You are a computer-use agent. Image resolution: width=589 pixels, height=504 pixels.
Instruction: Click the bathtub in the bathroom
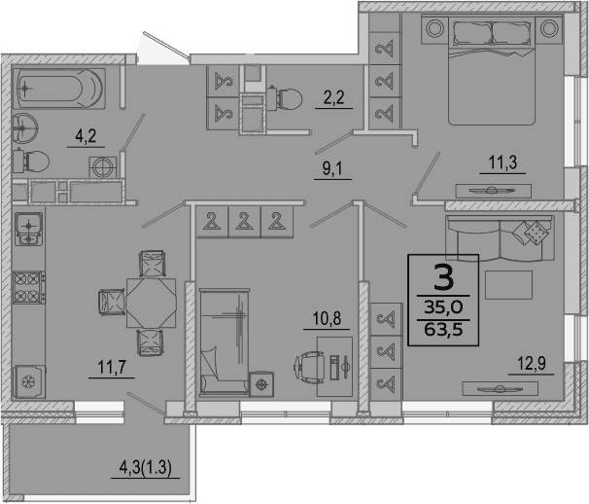(58, 89)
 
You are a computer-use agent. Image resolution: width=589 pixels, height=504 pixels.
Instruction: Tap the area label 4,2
(86, 136)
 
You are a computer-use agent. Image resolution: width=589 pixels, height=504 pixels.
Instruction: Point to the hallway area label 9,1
(332, 169)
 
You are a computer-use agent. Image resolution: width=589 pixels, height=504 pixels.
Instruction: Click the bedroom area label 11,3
(502, 162)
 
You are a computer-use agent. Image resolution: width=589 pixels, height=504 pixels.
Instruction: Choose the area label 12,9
(532, 364)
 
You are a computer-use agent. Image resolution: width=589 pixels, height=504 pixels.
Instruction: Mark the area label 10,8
(327, 318)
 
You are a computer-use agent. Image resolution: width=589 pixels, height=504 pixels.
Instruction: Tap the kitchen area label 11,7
(112, 367)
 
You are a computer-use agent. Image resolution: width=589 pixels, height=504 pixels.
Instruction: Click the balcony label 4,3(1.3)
(146, 468)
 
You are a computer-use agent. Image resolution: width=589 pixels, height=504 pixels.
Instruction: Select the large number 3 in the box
(443, 277)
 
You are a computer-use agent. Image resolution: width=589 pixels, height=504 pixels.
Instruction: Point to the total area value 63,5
(443, 330)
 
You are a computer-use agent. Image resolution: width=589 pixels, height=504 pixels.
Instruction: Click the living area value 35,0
(443, 307)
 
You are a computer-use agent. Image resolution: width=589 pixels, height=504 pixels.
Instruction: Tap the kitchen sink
(28, 229)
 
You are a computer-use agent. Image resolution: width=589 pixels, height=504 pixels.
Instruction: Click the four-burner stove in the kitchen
(28, 287)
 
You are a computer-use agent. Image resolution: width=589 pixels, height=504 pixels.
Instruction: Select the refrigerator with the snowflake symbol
(29, 381)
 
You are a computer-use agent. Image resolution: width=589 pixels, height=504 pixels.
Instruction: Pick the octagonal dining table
(151, 303)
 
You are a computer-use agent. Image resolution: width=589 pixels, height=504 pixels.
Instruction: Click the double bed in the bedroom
(492, 70)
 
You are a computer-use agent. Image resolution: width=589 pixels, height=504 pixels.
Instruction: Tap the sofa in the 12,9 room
(500, 238)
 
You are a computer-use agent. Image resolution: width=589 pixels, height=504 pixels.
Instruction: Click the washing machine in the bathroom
(103, 167)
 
